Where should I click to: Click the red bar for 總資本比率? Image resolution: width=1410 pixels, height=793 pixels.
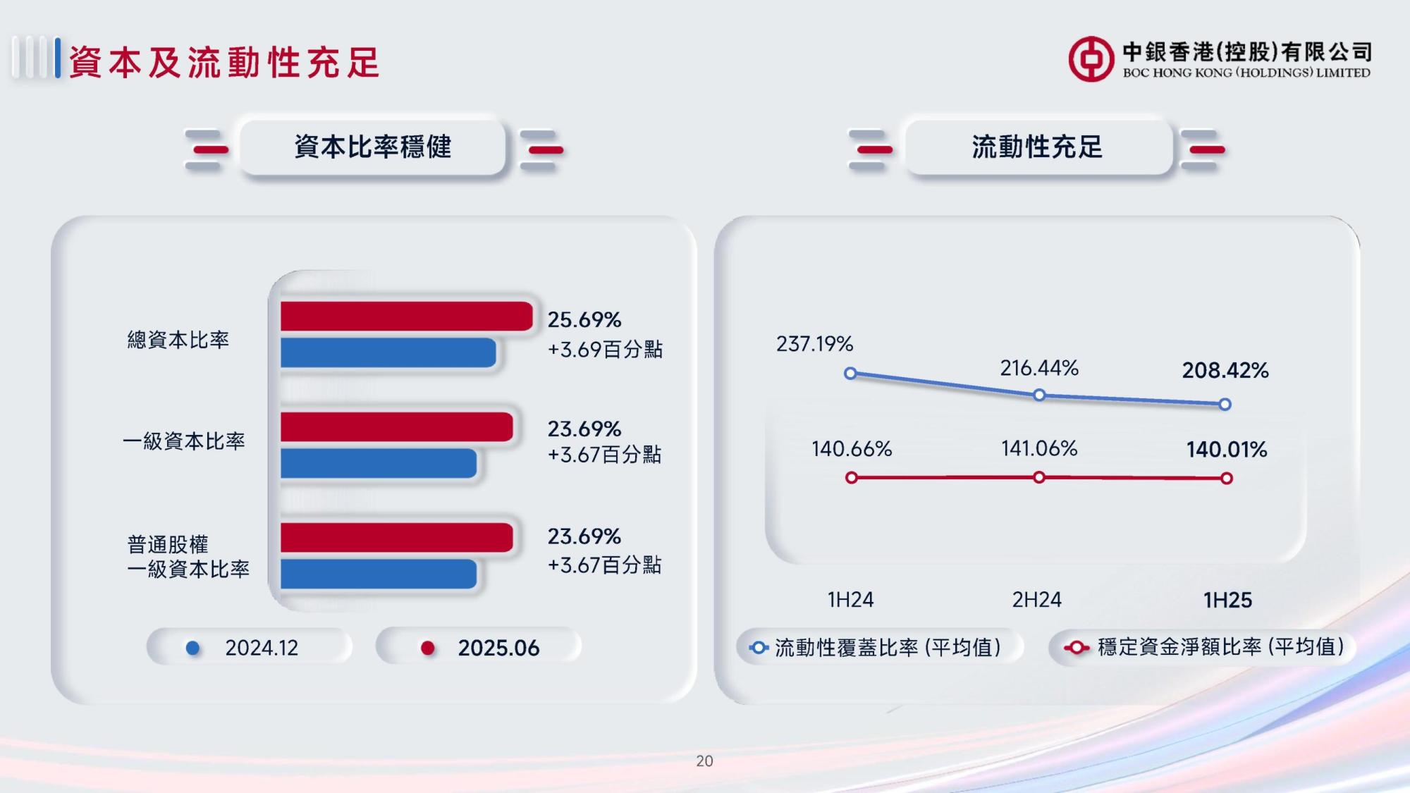click(x=406, y=316)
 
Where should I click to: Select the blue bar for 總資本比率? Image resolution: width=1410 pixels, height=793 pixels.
click(x=388, y=352)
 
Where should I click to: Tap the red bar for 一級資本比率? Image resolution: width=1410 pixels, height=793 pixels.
click(x=396, y=427)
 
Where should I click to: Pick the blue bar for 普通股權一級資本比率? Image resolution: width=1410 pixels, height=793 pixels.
click(x=379, y=574)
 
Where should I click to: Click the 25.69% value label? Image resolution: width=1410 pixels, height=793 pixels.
click(x=584, y=320)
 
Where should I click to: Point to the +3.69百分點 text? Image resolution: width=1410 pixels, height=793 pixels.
click(x=605, y=350)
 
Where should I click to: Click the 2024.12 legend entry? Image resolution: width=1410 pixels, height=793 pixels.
click(x=249, y=647)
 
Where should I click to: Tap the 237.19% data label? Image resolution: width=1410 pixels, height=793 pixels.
click(x=814, y=344)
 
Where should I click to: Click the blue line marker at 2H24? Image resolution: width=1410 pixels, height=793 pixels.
click(x=1039, y=395)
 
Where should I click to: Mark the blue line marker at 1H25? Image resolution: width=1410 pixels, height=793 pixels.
click(x=1225, y=405)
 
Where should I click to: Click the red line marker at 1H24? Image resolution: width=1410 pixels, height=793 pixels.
click(x=852, y=478)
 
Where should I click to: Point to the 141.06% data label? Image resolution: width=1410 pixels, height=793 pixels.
click(x=1039, y=448)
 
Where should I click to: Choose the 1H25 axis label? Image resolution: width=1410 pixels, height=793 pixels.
click(x=1227, y=600)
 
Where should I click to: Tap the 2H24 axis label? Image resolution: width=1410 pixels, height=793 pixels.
click(x=1036, y=600)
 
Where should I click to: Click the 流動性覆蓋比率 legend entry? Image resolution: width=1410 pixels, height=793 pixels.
click(x=878, y=647)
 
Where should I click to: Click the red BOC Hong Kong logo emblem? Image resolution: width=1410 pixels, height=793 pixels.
click(x=1091, y=59)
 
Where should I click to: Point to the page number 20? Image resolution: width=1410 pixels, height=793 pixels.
click(x=704, y=761)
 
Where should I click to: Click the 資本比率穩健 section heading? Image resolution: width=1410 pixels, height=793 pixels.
click(x=373, y=147)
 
